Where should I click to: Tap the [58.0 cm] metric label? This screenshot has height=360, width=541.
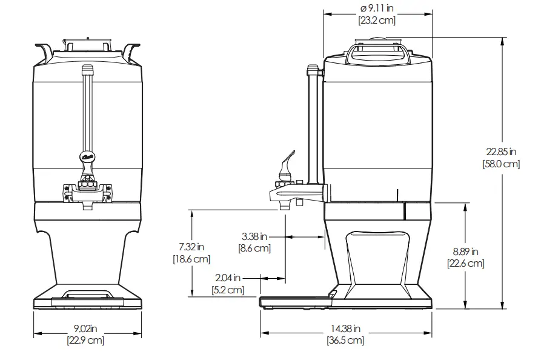[501, 164]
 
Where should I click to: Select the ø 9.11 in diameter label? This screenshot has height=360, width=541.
[377, 8]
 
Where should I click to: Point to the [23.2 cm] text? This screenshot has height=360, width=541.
[377, 21]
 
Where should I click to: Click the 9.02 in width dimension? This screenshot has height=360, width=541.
[86, 328]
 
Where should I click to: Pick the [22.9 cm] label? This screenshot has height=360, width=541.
[86, 340]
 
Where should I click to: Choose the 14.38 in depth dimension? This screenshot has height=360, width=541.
[345, 328]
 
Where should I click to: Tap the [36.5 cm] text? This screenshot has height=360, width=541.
[345, 340]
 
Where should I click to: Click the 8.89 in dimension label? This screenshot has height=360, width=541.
[466, 252]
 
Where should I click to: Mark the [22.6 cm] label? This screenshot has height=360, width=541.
[466, 263]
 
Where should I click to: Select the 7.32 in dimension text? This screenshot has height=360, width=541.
[191, 247]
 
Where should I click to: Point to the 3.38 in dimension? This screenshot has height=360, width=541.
[254, 236]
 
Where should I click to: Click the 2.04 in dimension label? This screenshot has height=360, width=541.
[228, 278]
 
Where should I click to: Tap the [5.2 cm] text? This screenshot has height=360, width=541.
[228, 290]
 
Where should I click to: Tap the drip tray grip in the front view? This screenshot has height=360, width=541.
[87, 295]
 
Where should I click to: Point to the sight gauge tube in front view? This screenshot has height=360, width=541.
[87, 109]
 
